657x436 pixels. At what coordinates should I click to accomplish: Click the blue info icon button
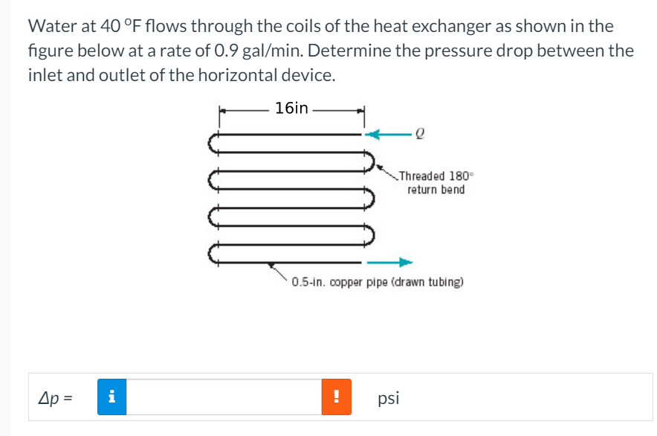click(x=111, y=397)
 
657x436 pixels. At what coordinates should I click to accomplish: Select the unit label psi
click(x=388, y=398)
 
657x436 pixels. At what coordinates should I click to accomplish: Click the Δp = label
click(x=56, y=398)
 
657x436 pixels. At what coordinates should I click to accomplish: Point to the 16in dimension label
click(x=291, y=109)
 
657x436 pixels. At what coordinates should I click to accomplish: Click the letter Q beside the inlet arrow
click(x=421, y=135)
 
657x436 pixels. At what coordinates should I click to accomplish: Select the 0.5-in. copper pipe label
click(x=378, y=283)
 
